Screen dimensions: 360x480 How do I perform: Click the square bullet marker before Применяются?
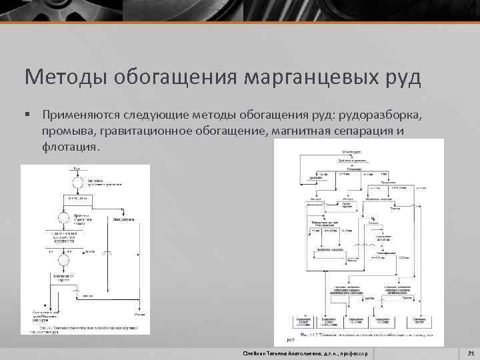(28, 115)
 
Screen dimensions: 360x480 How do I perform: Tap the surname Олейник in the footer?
(257, 352)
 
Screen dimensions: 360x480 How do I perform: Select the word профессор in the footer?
(353, 352)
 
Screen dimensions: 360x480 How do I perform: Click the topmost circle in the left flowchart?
(77, 181)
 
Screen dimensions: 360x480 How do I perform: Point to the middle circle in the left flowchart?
(65, 217)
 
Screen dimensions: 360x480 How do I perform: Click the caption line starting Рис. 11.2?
(360, 334)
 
